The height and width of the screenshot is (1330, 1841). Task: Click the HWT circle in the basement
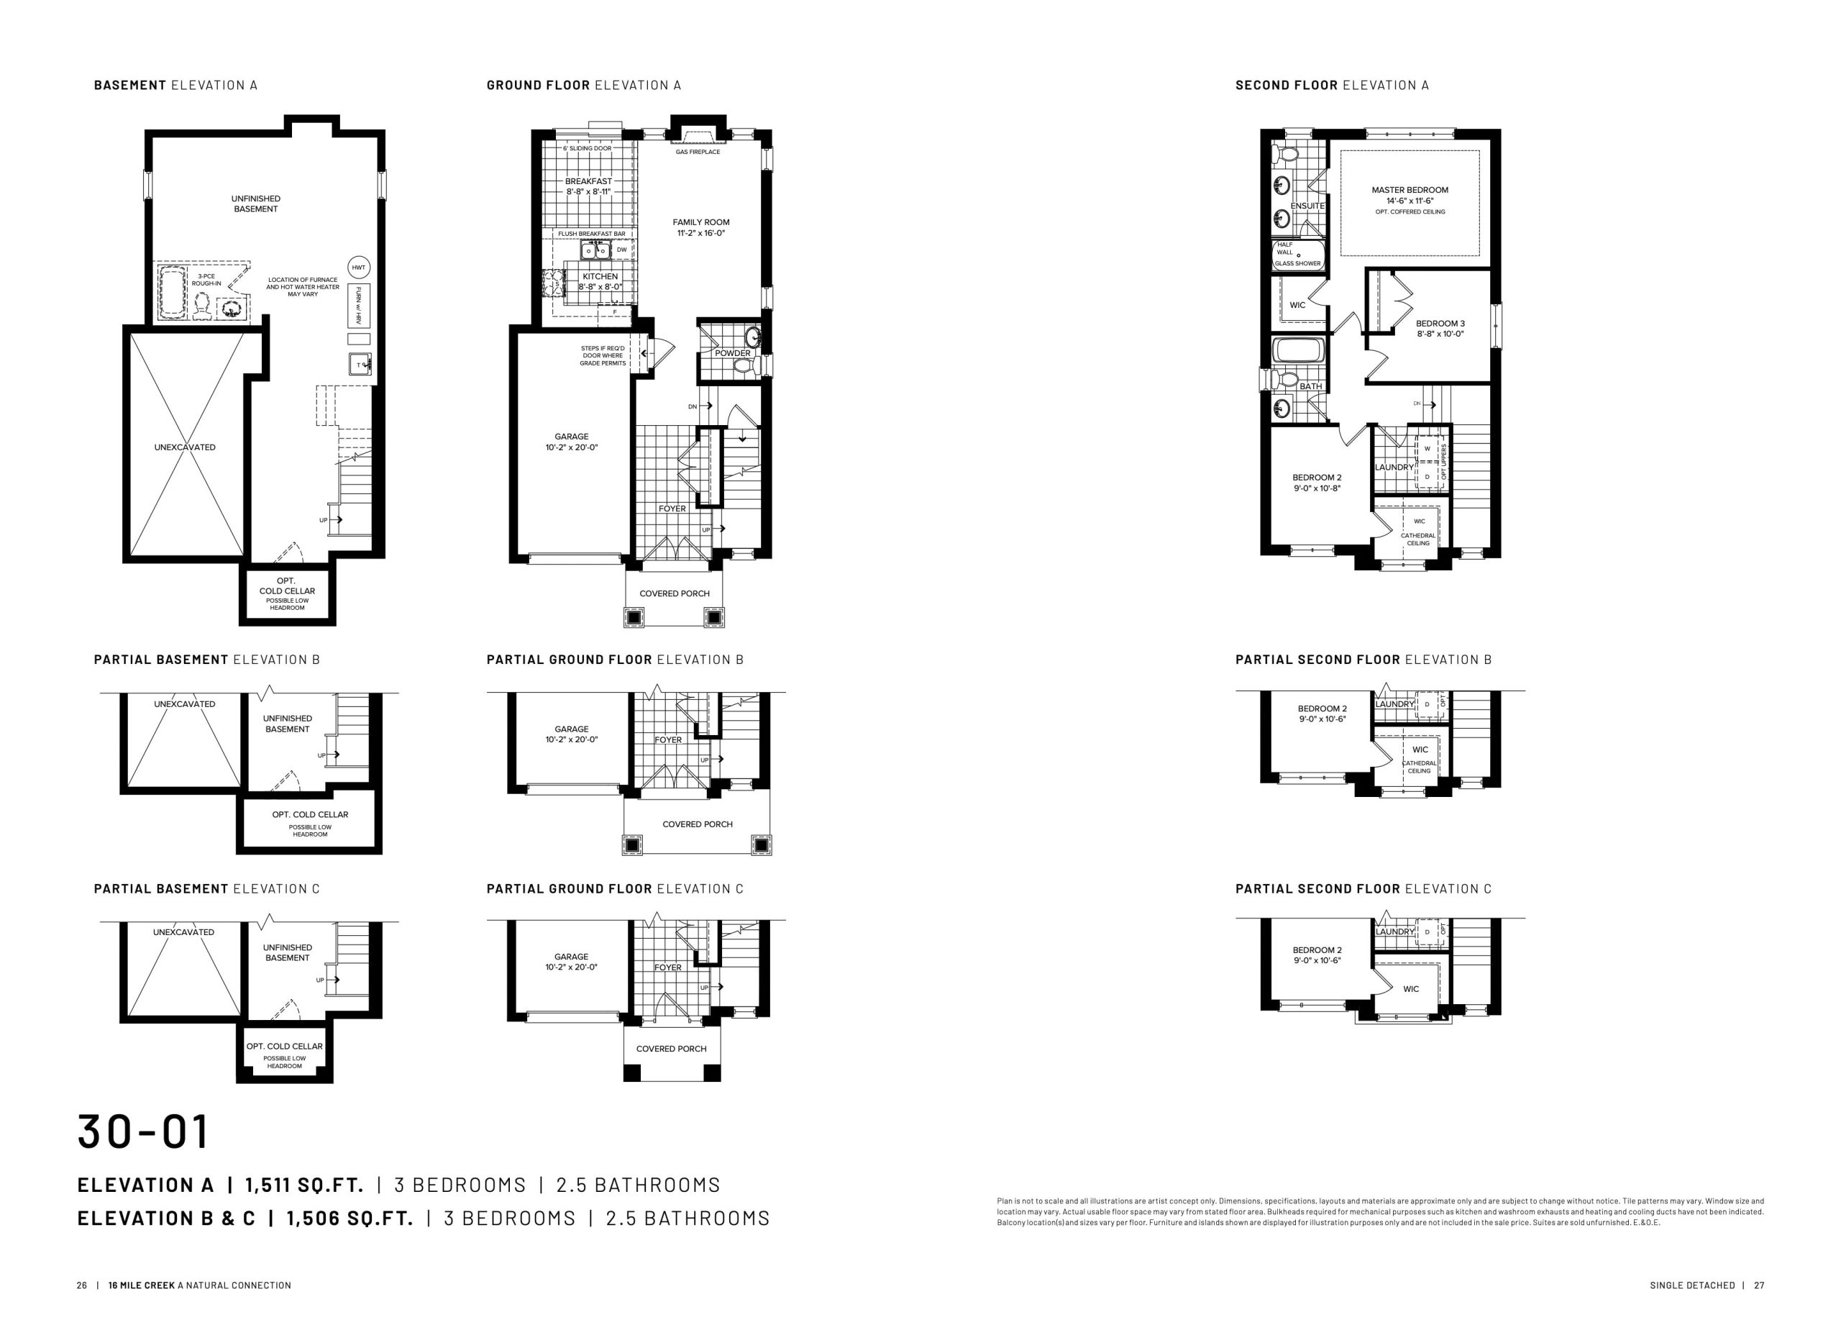(x=358, y=267)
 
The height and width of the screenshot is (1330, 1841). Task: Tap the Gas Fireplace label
(x=698, y=152)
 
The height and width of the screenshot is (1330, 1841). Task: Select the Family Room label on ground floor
(x=700, y=222)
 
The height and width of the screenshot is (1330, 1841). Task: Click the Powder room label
(x=732, y=353)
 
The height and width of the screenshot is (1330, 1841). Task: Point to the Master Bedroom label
(x=1410, y=190)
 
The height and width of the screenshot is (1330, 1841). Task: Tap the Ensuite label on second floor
(x=1307, y=206)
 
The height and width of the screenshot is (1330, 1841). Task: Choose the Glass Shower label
(x=1297, y=263)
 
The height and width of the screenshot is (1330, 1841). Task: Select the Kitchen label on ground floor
(x=600, y=276)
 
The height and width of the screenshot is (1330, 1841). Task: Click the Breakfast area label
(x=588, y=181)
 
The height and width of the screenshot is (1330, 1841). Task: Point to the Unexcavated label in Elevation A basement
(x=185, y=447)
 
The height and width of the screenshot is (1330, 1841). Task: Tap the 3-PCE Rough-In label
(x=206, y=280)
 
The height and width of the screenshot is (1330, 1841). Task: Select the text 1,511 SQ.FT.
(x=304, y=1185)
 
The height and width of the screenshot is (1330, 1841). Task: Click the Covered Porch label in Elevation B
(x=698, y=824)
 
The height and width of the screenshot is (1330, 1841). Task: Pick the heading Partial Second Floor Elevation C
(x=1363, y=888)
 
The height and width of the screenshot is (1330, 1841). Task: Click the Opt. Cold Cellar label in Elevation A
(x=288, y=586)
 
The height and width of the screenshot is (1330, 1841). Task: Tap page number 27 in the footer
(x=1759, y=1285)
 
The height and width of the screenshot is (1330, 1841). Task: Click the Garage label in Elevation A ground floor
(x=572, y=437)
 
